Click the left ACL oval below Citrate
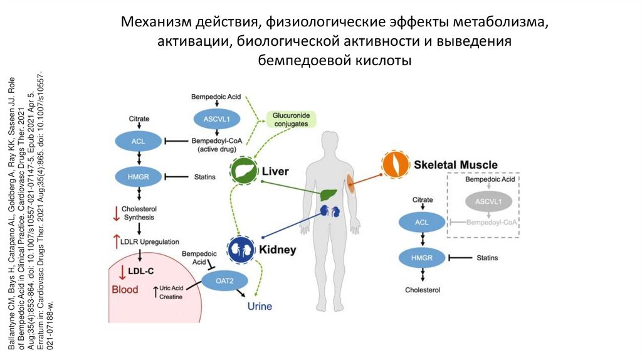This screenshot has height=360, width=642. tap(138, 141)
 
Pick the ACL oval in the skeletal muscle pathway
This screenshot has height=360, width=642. tap(422, 222)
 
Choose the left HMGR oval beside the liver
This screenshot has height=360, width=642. tap(138, 177)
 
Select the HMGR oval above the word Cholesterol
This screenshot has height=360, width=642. tap(422, 258)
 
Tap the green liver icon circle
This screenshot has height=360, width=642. tap(241, 170)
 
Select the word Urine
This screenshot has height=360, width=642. tap(260, 306)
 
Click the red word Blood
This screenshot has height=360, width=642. tap(125, 289)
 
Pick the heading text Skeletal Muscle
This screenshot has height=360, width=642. tap(455, 165)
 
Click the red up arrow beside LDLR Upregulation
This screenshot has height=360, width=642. tap(116, 241)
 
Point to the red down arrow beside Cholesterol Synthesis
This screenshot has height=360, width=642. tap(116, 213)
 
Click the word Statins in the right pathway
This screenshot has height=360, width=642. tap(487, 258)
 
